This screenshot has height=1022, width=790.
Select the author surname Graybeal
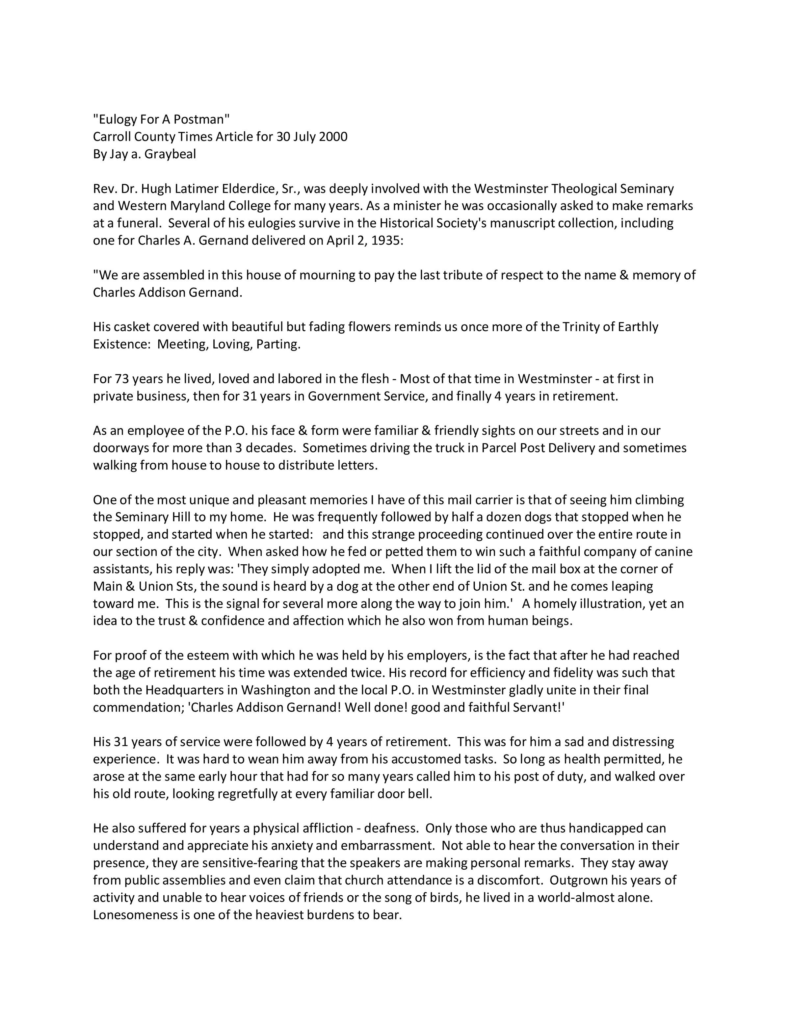(171, 154)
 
